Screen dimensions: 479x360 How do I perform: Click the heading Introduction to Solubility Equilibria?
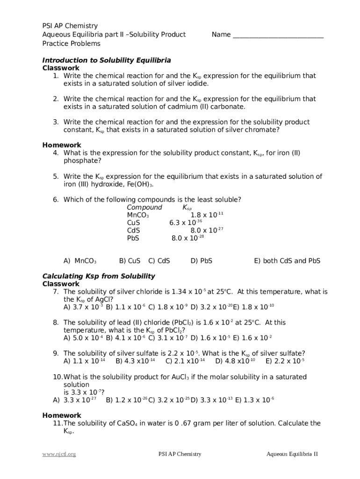(107, 60)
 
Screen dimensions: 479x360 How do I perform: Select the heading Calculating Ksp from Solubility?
(99, 276)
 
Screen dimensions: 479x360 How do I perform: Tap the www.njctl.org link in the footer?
(59, 454)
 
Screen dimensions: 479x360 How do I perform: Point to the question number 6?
(55, 200)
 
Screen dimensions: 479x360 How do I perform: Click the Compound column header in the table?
(144, 207)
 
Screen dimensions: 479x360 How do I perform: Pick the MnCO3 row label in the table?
(138, 215)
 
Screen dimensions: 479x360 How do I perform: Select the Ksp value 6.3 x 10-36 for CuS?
(186, 223)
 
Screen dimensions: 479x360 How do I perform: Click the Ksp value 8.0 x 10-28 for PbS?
(188, 238)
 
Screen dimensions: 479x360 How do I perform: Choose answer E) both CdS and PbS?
(287, 261)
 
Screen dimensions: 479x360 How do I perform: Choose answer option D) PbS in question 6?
(202, 261)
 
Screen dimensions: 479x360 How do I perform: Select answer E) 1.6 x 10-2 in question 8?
(252, 338)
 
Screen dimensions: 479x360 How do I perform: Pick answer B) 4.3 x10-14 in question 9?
(135, 361)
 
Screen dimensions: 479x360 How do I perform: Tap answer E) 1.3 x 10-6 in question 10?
(255, 400)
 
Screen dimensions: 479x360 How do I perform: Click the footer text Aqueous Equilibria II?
(292, 454)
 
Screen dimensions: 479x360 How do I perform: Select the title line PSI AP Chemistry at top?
(70, 26)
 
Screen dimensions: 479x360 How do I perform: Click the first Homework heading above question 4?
(62, 145)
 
